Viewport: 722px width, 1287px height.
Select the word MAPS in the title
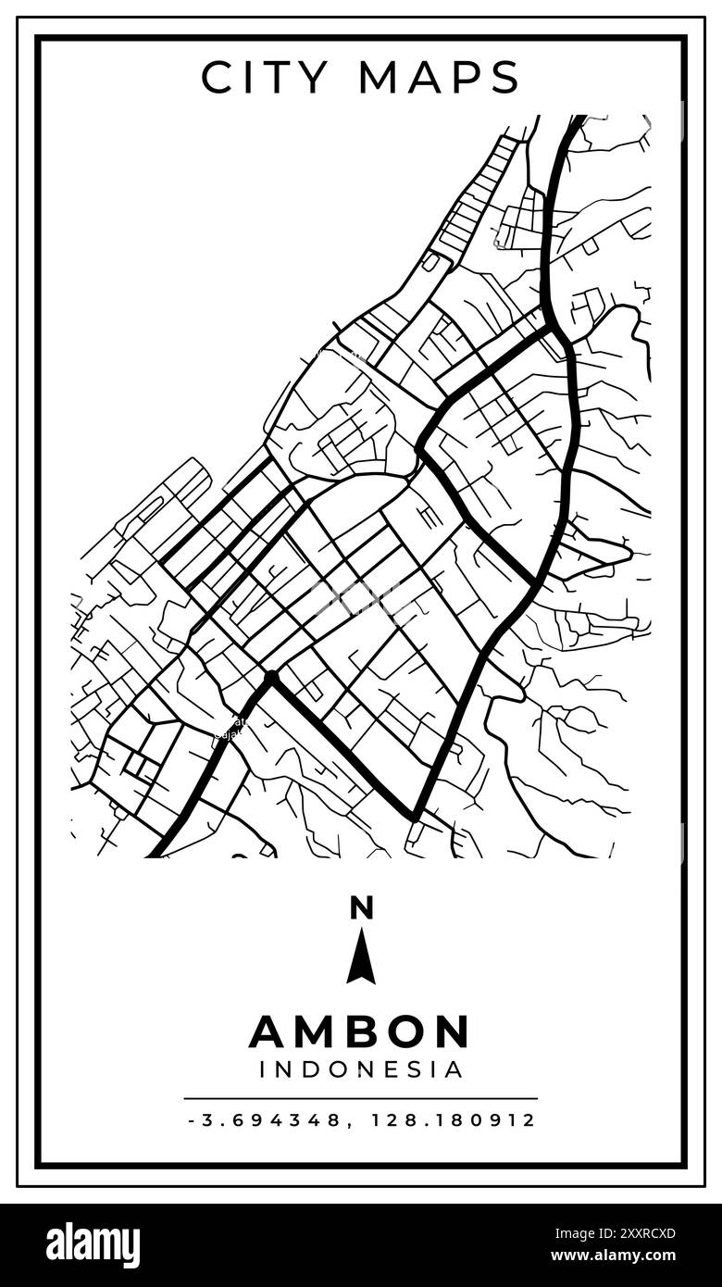coord(440,78)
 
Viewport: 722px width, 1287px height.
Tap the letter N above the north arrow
coord(361,908)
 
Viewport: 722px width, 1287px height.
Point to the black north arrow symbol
coord(361,957)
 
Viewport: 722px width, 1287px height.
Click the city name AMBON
coord(360,1031)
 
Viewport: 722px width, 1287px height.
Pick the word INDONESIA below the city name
coord(361,1070)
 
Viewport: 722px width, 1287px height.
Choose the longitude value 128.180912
coord(454,1120)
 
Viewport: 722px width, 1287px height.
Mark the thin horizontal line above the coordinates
coord(361,1099)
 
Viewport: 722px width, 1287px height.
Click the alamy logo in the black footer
coord(93,1245)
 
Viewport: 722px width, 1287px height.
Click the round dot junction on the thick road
coord(271,679)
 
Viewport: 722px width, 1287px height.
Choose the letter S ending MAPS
coord(504,78)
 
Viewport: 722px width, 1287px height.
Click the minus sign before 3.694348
coord(191,1120)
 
